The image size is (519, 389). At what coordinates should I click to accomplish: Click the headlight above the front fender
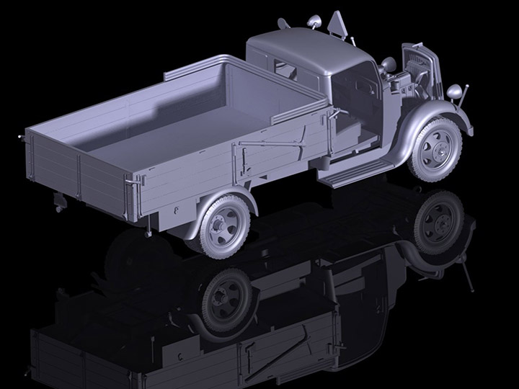[x=455, y=91]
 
